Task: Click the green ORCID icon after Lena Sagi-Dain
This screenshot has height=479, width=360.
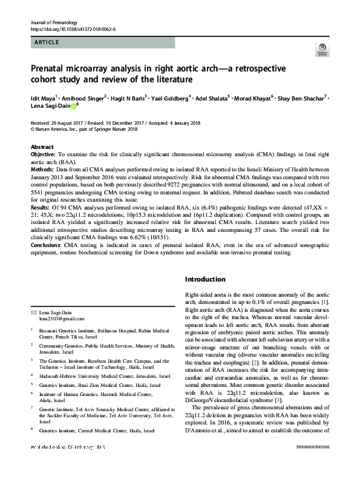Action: tap(73, 106)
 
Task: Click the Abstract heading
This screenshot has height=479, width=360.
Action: tap(42, 147)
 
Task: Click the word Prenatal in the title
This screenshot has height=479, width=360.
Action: tap(50, 68)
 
